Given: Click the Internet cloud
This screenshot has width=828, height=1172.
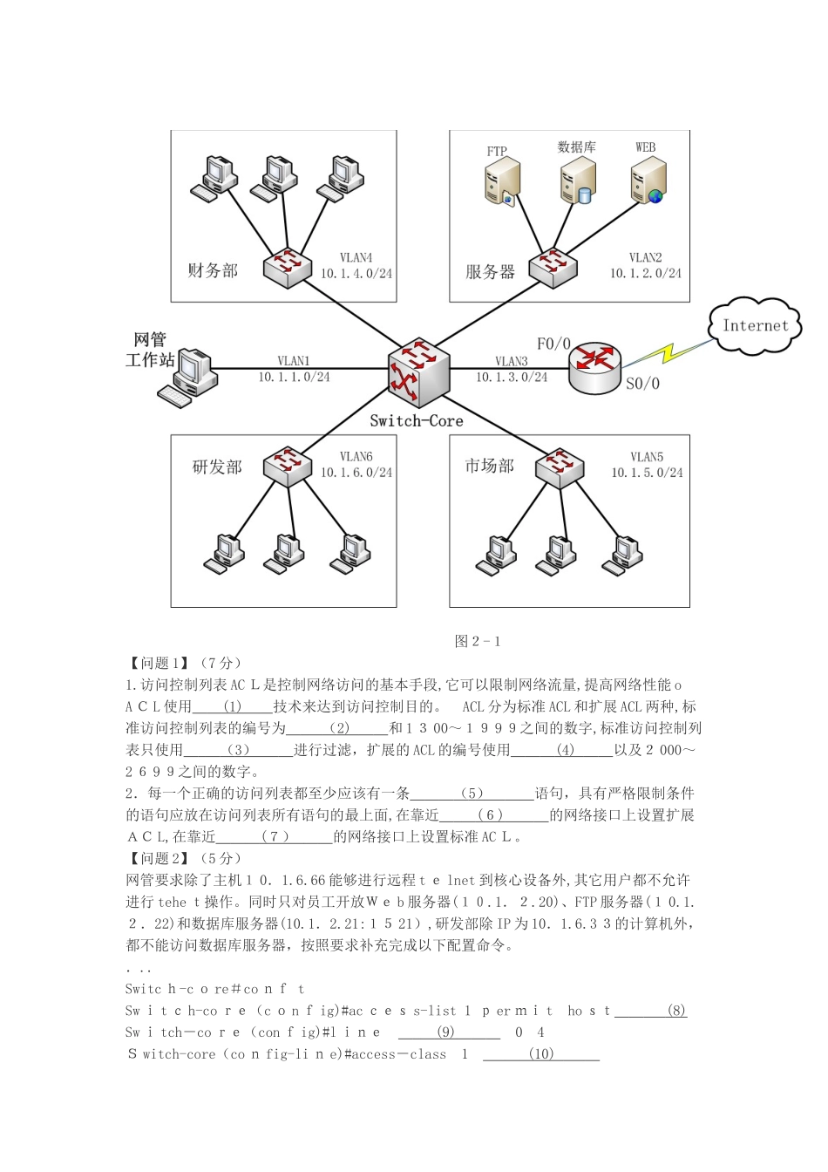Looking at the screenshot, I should pos(755,326).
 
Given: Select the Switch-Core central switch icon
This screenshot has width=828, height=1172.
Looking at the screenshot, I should pos(418,371).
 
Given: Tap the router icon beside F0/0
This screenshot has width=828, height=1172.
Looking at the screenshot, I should pos(594,366).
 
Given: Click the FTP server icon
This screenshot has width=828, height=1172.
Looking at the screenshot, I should pos(502,181).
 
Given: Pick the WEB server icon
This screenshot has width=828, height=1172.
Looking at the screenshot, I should pos(648,180).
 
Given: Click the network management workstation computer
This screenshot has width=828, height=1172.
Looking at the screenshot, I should pos(189,377).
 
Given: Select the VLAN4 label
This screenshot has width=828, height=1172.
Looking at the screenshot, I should pos(356,258).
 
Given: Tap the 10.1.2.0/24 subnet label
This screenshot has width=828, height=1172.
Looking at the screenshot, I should pos(646,274).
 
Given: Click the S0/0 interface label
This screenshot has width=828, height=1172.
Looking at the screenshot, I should pos(642,384).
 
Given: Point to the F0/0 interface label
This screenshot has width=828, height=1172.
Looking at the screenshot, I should pos(553,344).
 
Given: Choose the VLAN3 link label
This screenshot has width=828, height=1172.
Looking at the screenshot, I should pos(512,361).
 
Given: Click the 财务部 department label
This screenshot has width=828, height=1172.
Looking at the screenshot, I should pos(213,270).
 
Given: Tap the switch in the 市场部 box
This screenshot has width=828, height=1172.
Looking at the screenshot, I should pos(560,467).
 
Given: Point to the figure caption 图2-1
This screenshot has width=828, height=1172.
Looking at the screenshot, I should pos(478,642).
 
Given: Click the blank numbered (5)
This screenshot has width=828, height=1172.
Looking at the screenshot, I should pos(472,794).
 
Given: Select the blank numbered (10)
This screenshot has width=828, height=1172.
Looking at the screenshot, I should pos(541,1054).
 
